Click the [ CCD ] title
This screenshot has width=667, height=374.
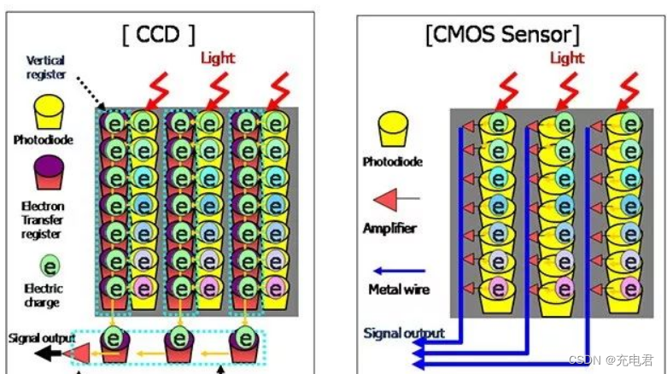point(159,34)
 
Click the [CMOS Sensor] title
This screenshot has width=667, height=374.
point(502,35)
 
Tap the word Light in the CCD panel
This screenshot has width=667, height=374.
point(218,58)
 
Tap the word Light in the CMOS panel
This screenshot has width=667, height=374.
point(567,57)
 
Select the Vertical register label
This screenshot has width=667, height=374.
point(46,67)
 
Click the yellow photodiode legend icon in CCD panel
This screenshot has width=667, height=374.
point(50,111)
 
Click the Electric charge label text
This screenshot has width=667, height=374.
point(43,295)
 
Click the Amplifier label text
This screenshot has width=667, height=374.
point(389,228)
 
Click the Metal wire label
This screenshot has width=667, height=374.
point(399,289)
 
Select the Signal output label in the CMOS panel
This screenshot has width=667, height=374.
point(404,333)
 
